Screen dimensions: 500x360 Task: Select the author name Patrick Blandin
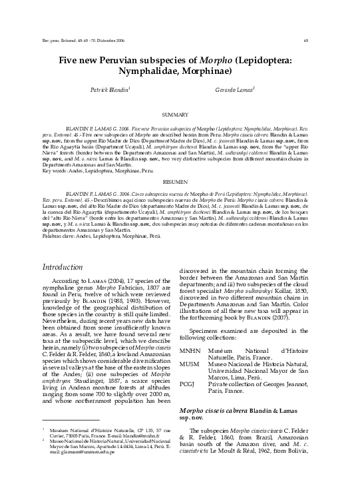point(109,89)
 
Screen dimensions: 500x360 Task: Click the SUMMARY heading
point(180,115)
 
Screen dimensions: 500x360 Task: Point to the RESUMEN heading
point(180,181)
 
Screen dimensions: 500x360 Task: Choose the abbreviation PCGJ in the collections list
point(190,384)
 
